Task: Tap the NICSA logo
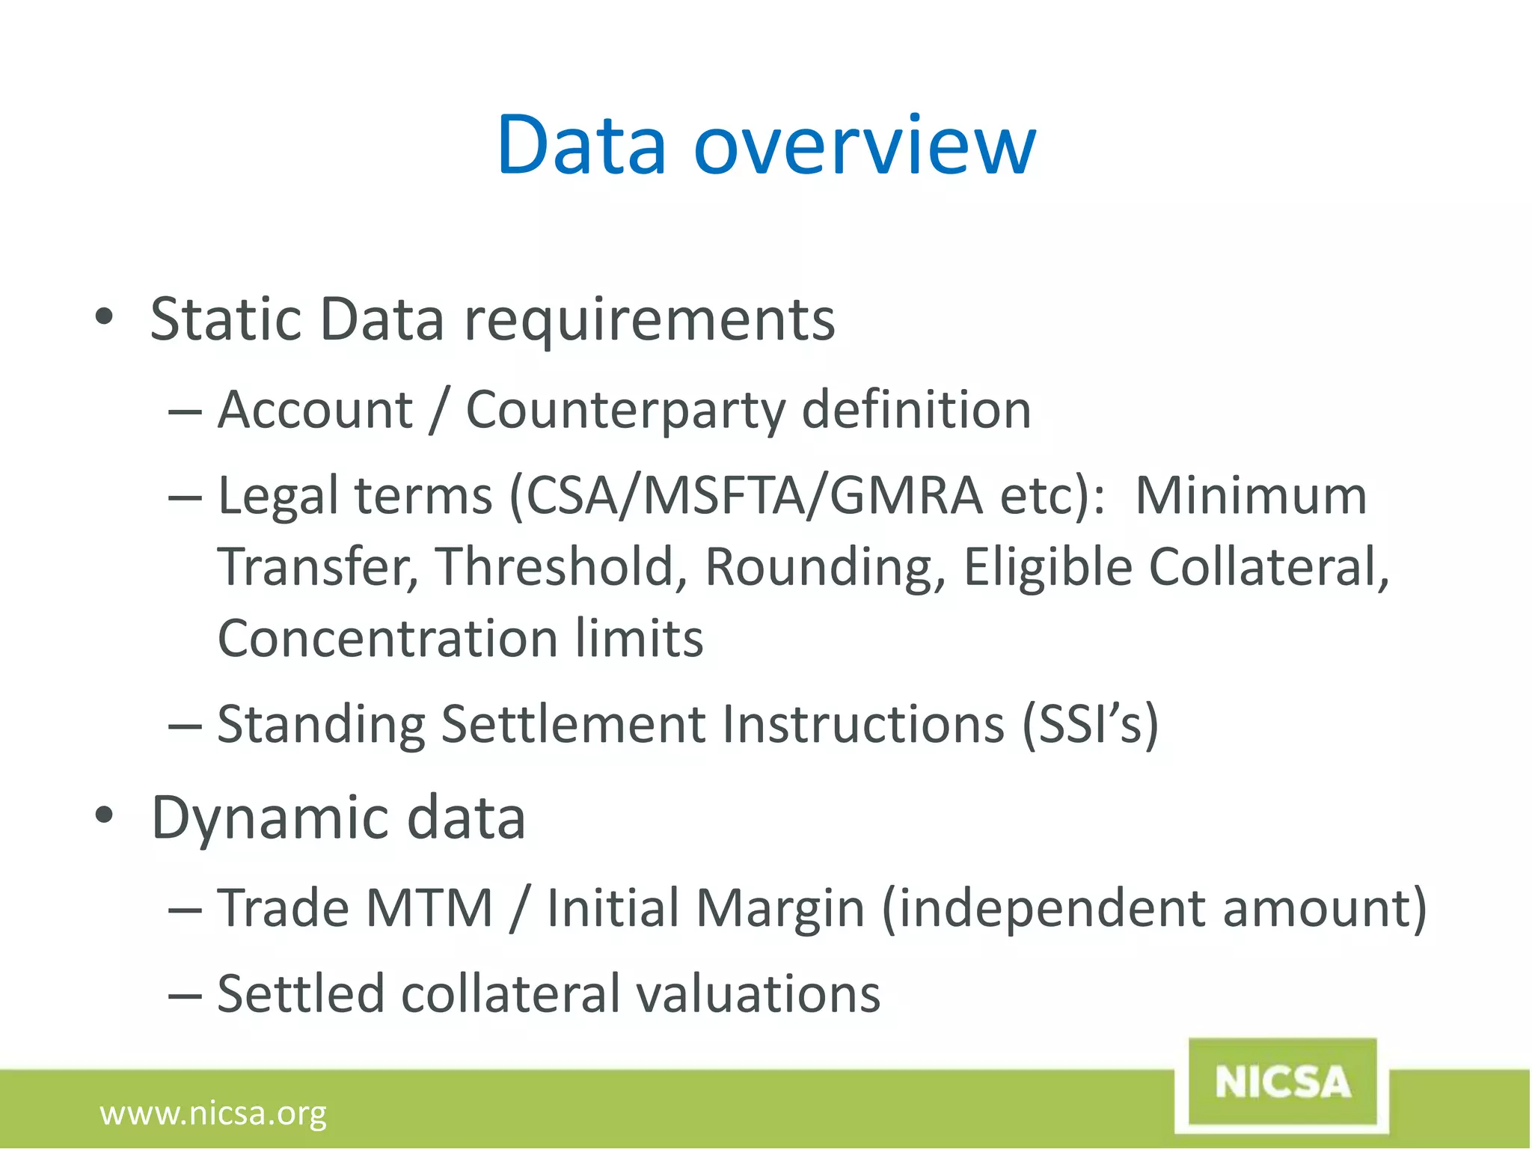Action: pyautogui.click(x=1282, y=1082)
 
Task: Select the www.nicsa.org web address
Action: pyautogui.click(x=213, y=1113)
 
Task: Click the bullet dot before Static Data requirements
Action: pyautogui.click(x=104, y=317)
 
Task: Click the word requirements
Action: pyautogui.click(x=649, y=320)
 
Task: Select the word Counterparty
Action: pyautogui.click(x=625, y=411)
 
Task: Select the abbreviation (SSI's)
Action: pyautogui.click(x=1090, y=724)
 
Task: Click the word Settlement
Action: pyautogui.click(x=573, y=724)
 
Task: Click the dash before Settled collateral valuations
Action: pyautogui.click(x=185, y=996)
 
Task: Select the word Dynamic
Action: pyautogui.click(x=270, y=818)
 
